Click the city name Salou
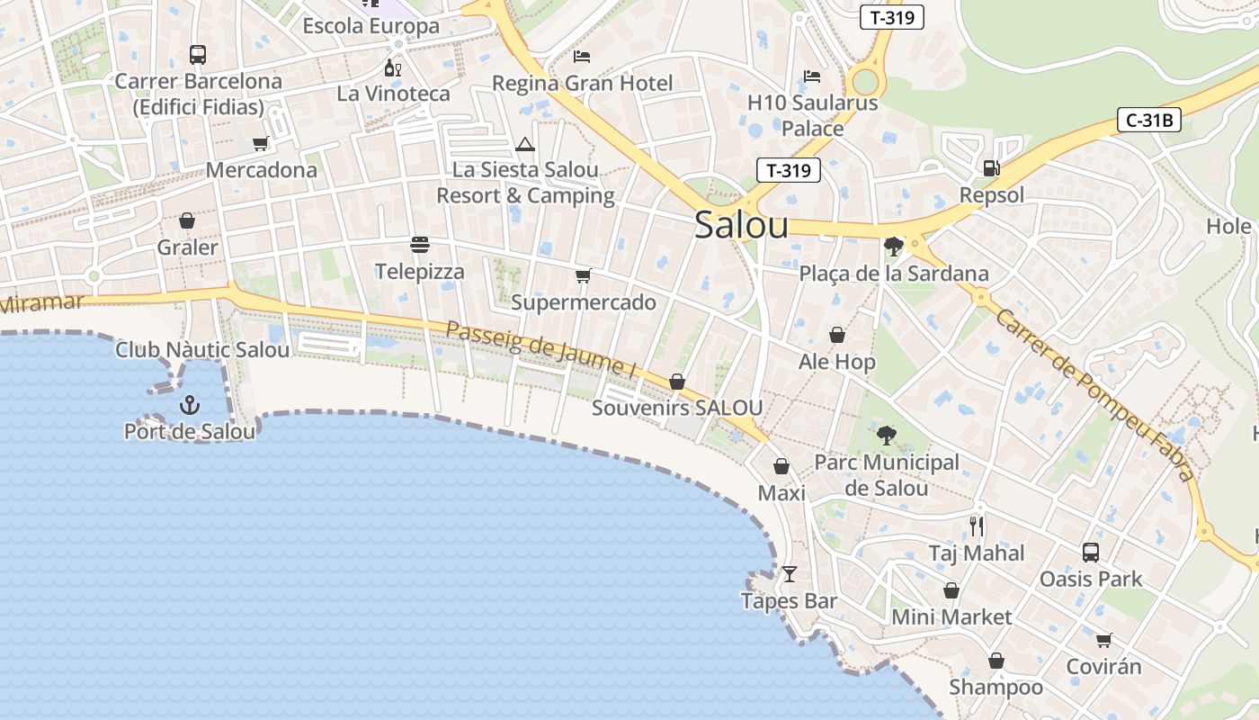741,226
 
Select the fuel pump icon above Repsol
991,167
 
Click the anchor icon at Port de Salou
189,404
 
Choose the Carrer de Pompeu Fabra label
1095,394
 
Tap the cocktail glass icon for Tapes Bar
790,573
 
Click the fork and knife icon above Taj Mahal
977,526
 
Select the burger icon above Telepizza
419,244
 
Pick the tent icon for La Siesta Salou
524,144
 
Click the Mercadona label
262,170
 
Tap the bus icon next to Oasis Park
1091,552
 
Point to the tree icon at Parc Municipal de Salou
887,436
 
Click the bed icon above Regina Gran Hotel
582,57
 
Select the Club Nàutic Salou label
202,350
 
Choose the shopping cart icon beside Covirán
1103,640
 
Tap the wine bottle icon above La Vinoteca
392,67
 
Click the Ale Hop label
836,362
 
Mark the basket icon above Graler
187,220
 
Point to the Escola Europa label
371,26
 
